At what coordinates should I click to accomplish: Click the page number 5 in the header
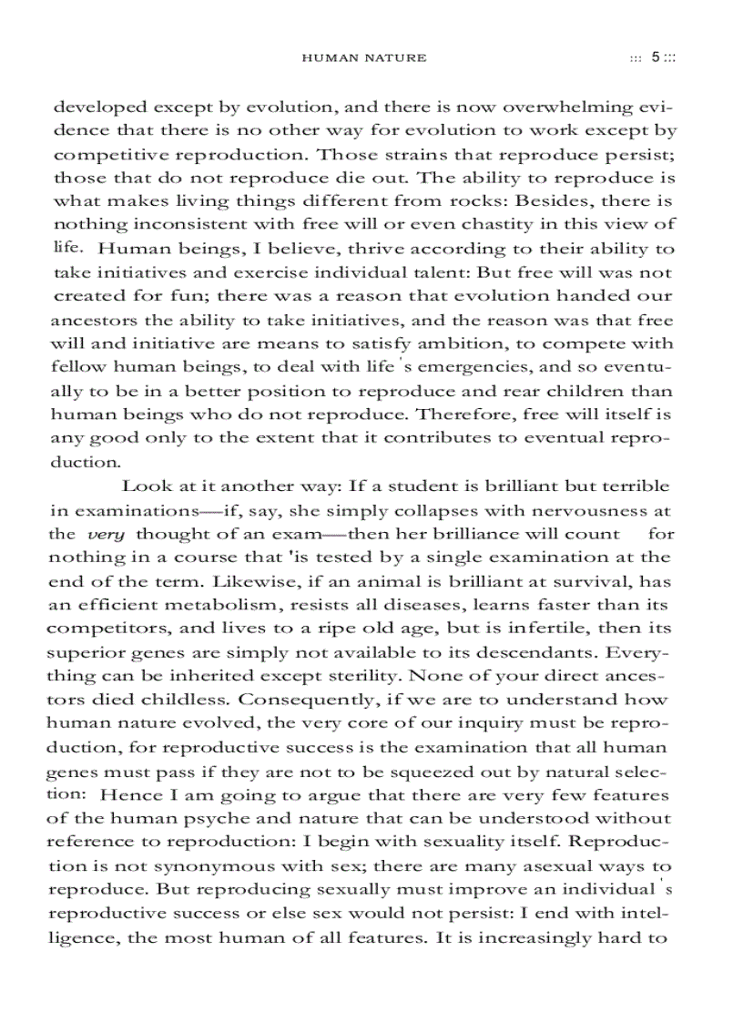tap(656, 57)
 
